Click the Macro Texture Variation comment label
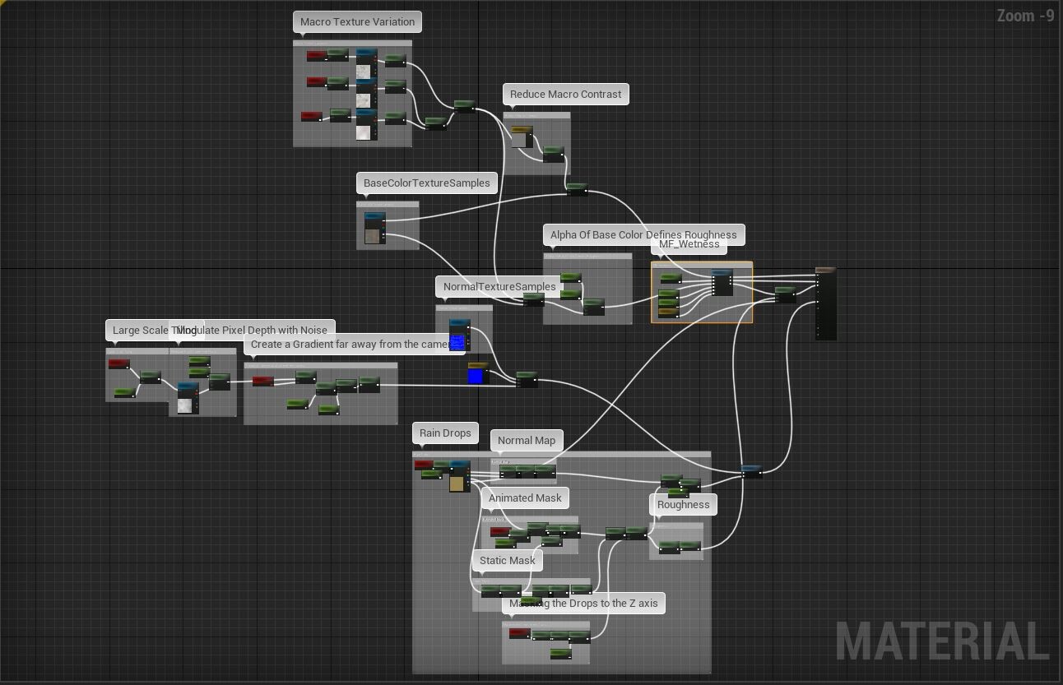[357, 22]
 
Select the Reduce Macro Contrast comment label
[565, 95]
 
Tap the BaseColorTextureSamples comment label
[426, 183]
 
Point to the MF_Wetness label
[689, 245]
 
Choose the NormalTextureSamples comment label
[499, 287]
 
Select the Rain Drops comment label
[445, 433]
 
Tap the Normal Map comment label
[527, 441]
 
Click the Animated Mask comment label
[525, 498]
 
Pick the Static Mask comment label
[507, 561]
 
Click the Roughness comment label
[683, 505]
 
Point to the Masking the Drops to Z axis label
[583, 604]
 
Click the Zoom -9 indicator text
[1025, 16]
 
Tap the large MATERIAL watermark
[942, 641]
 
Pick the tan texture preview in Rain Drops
[457, 483]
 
